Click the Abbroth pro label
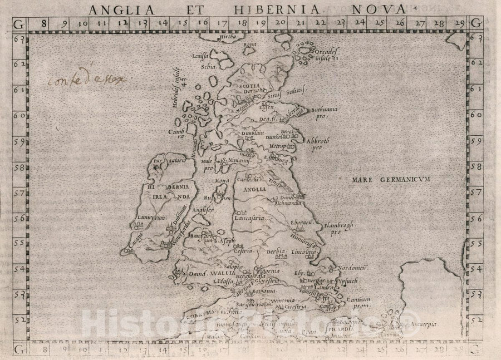[x=322, y=144]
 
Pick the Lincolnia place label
[x=305, y=252]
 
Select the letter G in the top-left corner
[x=19, y=23]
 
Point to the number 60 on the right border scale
[x=477, y=115]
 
